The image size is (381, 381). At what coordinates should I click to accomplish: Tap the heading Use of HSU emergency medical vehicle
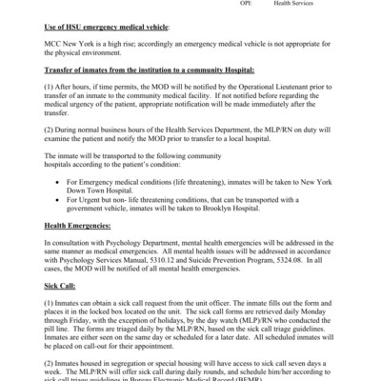point(106,29)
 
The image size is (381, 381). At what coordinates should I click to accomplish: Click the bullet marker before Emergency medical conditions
point(62,180)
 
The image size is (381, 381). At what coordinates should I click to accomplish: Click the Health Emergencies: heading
point(81,226)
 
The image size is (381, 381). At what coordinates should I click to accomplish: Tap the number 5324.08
point(292,256)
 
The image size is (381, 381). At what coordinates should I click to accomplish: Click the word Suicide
point(204,256)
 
